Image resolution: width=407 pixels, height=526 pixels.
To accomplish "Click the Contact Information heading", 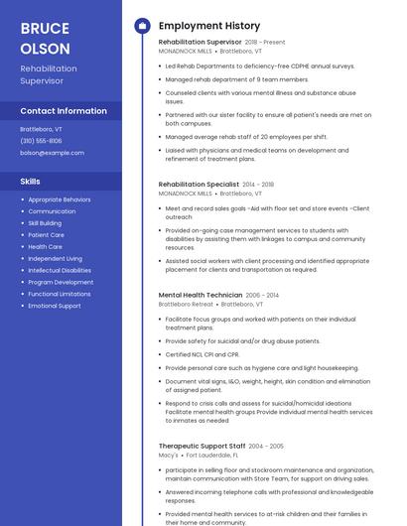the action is pos(64,111).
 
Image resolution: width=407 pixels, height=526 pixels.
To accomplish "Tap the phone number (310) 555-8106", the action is pos(41,141).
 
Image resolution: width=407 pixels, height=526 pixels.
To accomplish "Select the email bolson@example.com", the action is pos(53,153).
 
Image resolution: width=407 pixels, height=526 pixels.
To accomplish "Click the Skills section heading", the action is pos(31,182).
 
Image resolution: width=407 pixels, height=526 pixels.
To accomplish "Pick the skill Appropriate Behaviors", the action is pos(60,199).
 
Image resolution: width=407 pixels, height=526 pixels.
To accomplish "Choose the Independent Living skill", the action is pos(56,258).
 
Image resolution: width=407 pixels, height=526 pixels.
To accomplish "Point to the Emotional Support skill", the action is pos(55,306).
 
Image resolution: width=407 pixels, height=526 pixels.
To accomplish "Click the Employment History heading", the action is pos(209,26).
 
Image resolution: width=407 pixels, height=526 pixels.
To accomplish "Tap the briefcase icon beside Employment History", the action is pos(142,26).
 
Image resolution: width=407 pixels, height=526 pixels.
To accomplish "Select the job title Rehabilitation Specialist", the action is pos(199,184).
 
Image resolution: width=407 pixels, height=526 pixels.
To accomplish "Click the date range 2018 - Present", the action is pos(265,43).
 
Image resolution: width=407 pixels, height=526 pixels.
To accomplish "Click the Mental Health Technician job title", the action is pos(200,295).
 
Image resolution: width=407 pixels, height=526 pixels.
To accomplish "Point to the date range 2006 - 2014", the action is pos(262,295).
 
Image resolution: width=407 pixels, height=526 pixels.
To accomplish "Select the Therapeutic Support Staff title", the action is pos(202,446).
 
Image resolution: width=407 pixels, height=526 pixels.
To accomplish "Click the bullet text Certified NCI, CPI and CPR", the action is pos(203,354).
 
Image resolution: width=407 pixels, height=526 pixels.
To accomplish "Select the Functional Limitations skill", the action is pos(60,294).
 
